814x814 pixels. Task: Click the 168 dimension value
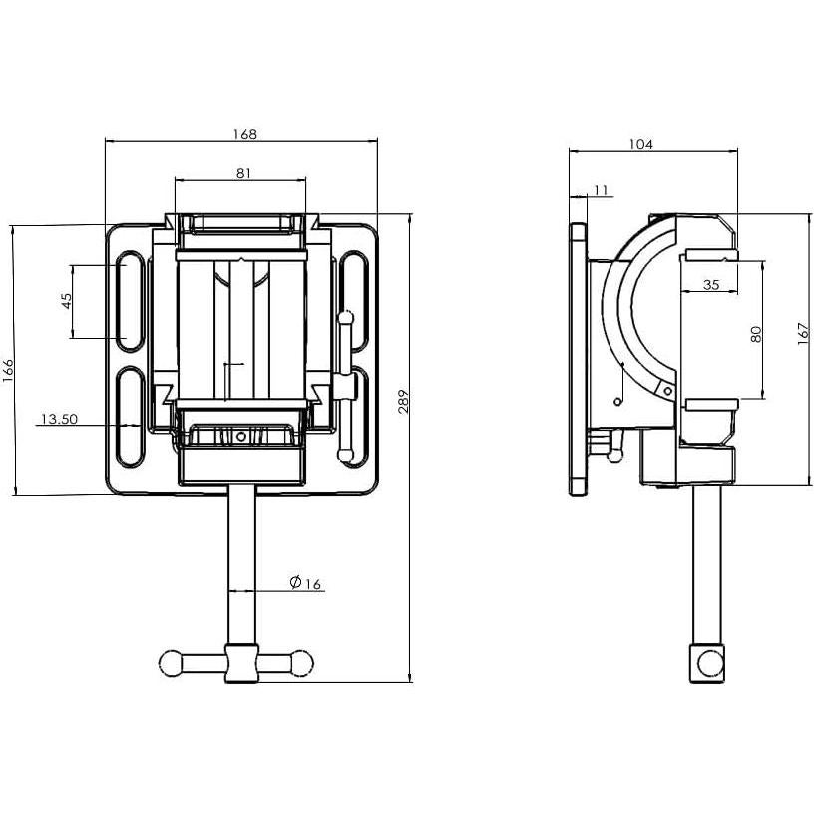pos(243,133)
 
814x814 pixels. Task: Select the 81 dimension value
pos(243,172)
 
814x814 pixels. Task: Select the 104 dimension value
pos(640,144)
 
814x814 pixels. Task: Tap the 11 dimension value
pos(600,189)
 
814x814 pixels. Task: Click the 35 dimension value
pos(711,285)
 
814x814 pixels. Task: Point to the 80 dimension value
pos(756,335)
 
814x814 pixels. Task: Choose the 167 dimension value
pos(804,336)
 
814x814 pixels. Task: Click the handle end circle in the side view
pos(709,662)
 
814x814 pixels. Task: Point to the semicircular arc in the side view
pos(615,319)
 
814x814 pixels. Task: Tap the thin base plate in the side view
pos(577,359)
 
